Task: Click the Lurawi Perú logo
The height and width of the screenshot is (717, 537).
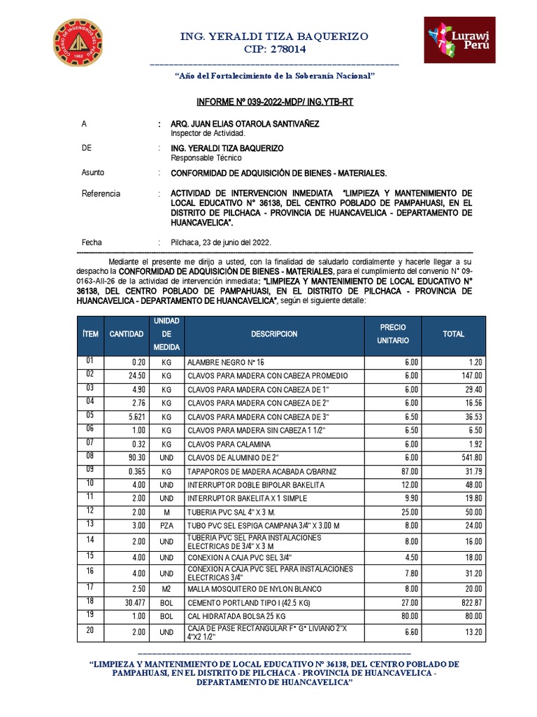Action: pos(459,40)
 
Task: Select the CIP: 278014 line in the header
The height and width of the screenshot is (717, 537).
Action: pos(274,49)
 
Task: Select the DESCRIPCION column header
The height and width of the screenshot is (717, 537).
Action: pos(274,335)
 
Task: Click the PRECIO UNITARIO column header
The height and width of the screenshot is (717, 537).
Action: pos(392,334)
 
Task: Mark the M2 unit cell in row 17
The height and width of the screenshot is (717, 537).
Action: pos(166,589)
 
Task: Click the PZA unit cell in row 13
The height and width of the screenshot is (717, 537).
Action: pos(166,525)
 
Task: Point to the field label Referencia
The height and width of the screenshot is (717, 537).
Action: pos(101,193)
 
